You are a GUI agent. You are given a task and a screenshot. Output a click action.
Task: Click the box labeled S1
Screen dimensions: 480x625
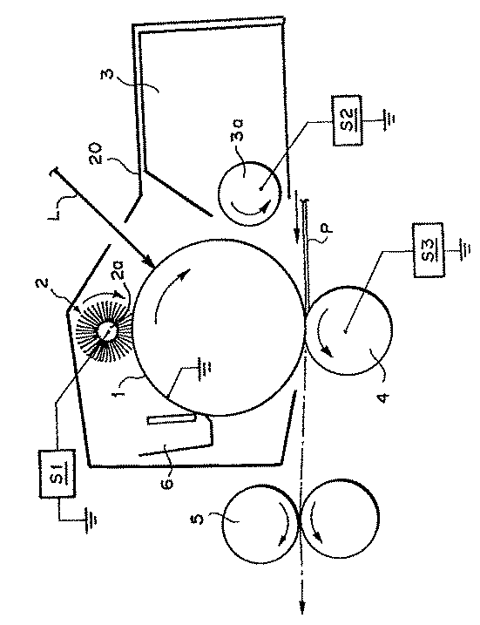(x=57, y=473)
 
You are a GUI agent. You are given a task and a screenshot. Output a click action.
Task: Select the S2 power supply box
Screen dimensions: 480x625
(x=347, y=120)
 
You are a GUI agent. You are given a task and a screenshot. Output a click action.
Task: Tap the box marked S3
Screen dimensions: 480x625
(x=429, y=250)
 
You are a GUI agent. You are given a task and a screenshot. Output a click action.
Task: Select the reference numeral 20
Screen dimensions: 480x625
(x=97, y=153)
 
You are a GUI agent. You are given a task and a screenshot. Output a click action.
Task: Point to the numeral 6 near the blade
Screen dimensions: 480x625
(x=168, y=483)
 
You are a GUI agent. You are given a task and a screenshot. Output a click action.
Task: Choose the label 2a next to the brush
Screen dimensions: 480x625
(x=119, y=270)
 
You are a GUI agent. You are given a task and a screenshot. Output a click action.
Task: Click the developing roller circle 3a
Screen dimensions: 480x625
(x=249, y=194)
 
